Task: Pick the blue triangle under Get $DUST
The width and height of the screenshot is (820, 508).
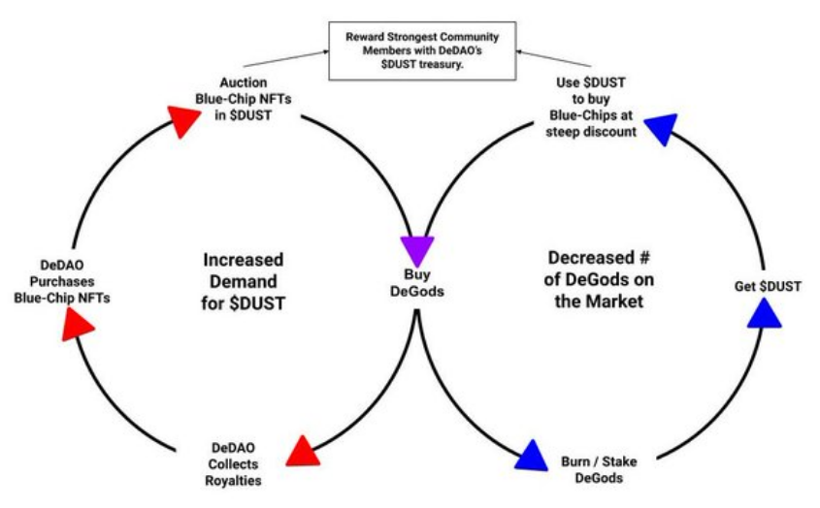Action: (764, 312)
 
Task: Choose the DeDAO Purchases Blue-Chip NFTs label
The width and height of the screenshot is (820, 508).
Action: (61, 281)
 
